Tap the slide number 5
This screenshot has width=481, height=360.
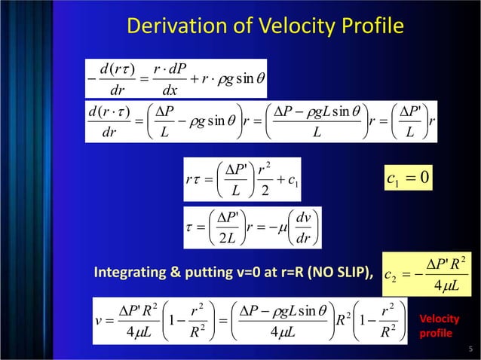470,348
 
